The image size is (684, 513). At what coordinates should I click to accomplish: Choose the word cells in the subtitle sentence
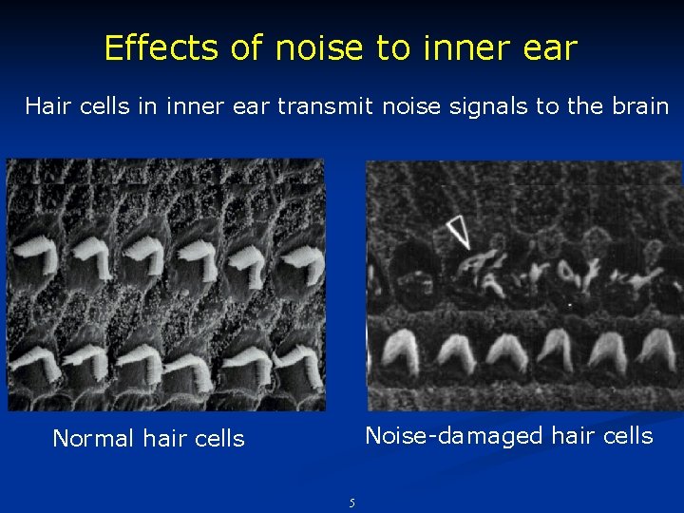104,105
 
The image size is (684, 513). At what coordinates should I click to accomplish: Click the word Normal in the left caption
93,438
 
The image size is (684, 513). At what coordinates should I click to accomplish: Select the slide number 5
351,503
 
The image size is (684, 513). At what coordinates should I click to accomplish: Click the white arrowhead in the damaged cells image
459,231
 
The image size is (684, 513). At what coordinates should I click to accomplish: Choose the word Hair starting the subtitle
45,105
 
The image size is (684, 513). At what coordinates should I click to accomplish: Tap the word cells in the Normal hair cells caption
219,438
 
